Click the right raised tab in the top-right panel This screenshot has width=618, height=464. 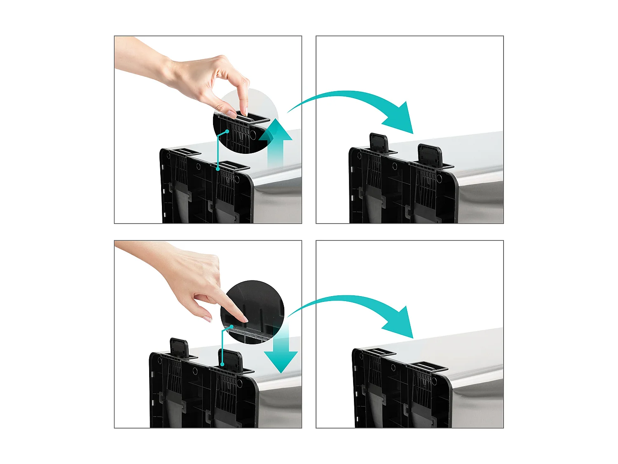(x=430, y=155)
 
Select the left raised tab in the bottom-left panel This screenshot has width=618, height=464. (x=179, y=348)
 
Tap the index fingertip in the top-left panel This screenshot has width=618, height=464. (x=244, y=112)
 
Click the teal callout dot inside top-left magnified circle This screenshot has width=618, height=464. (x=227, y=131)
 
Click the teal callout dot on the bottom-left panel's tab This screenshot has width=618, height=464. (x=222, y=364)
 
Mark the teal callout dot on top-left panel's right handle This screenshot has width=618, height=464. (x=218, y=169)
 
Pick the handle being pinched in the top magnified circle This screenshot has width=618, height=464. (x=247, y=118)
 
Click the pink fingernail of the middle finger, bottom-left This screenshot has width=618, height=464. (x=208, y=318)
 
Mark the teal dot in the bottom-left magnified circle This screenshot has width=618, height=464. (x=232, y=326)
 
